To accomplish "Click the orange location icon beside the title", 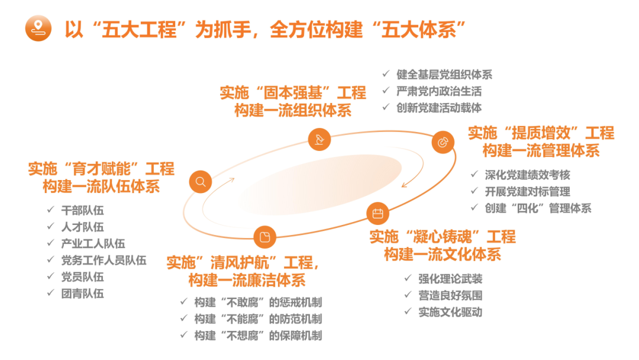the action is (x=38, y=29).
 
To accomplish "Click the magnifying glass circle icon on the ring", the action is (x=201, y=182).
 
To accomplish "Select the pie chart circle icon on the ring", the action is (x=442, y=142).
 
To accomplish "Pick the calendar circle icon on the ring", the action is (x=377, y=213).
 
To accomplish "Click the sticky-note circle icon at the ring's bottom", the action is (x=264, y=237).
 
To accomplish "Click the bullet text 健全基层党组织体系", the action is (x=444, y=75).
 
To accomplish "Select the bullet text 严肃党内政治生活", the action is (x=439, y=91).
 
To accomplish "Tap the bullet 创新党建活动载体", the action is (x=439, y=108).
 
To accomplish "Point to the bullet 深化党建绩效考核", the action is (x=527, y=175).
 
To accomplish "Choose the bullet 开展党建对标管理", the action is (x=527, y=191).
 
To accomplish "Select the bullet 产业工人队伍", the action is (x=93, y=243).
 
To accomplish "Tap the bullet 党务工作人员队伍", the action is (x=104, y=260).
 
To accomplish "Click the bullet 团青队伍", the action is (x=82, y=293).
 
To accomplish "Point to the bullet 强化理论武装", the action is (x=450, y=279).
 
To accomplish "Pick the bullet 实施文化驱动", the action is (x=450, y=312).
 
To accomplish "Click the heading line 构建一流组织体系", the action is (x=293, y=110).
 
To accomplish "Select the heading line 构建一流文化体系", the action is (x=443, y=255).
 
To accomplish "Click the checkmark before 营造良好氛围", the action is (x=408, y=295).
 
